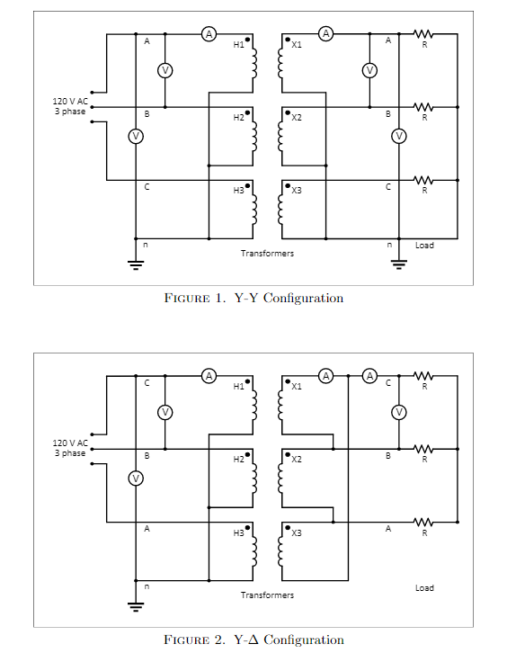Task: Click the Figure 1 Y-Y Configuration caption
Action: pos(253,298)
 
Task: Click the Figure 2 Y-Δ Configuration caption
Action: pos(253,640)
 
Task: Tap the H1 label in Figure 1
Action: pos(238,46)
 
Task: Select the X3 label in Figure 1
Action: pos(297,191)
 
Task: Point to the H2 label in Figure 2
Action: pos(238,459)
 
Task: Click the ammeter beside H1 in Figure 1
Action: pos(209,34)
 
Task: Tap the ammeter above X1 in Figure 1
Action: pos(326,34)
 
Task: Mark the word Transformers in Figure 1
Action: pos(267,254)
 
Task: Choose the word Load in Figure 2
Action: pos(424,587)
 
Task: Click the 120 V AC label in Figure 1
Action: pos(70,102)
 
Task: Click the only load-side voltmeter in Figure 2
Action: pos(399,412)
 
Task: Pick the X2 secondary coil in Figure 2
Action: pos(280,477)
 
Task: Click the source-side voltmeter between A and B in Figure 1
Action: pos(165,70)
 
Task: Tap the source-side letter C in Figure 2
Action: pos(147,382)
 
